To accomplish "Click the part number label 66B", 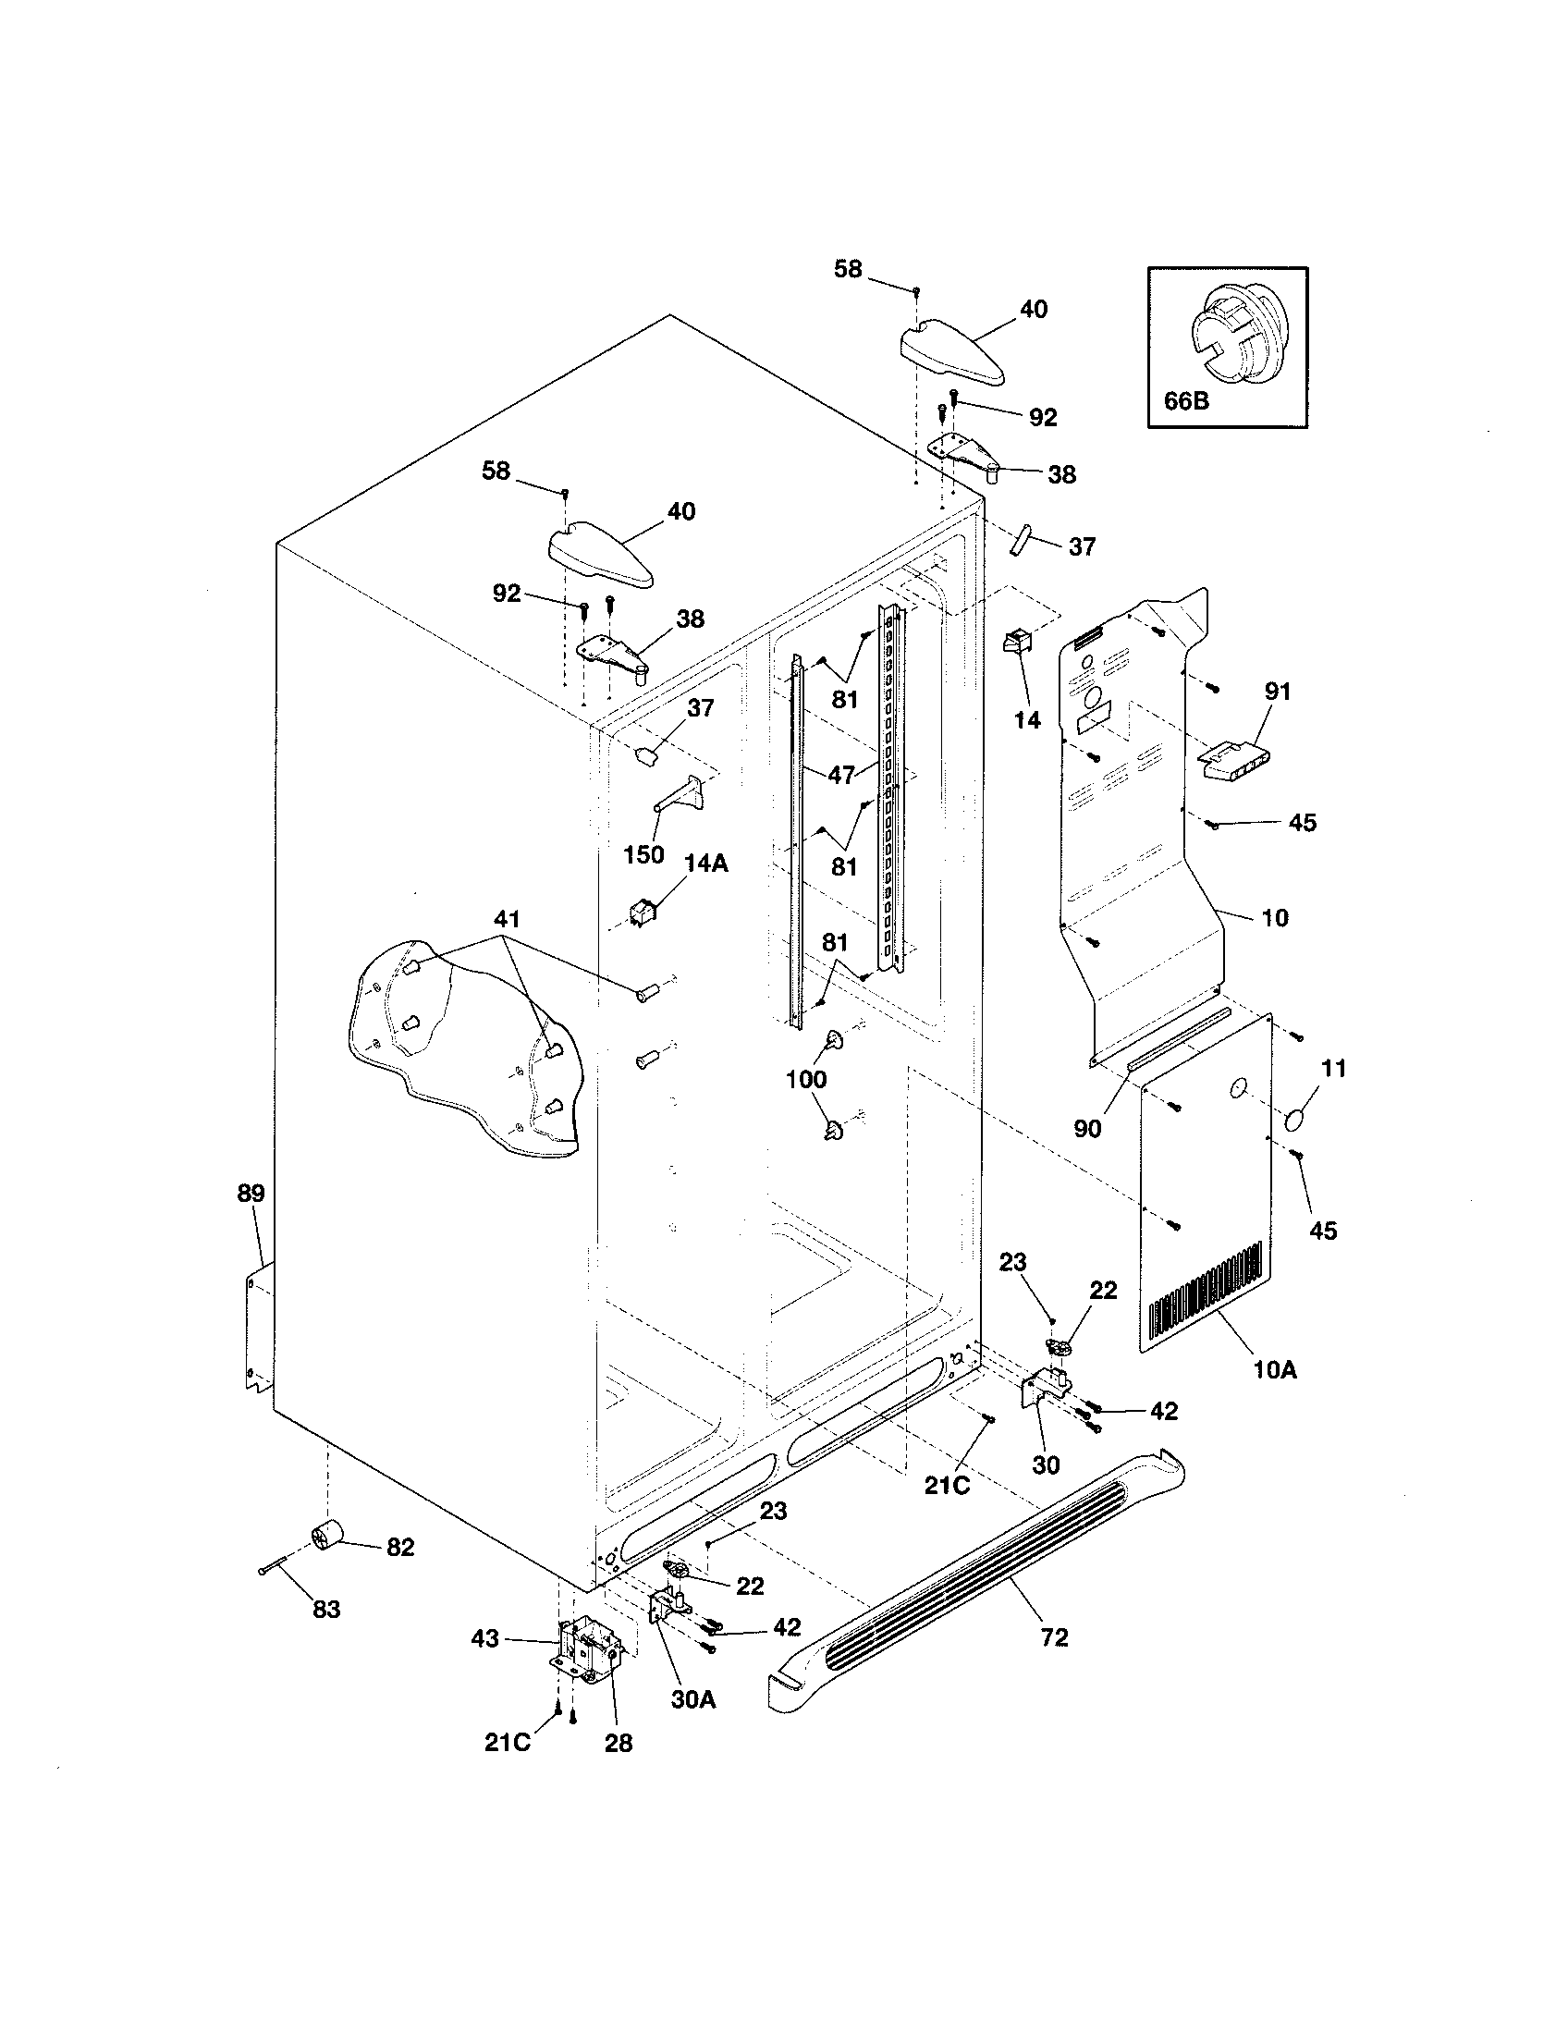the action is coord(1186,401).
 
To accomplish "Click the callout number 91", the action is coord(1278,691).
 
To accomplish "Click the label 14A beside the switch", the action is coord(705,864).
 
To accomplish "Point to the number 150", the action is coord(643,854).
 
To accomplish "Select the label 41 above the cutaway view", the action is coord(507,919).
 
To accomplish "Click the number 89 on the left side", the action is coord(251,1193).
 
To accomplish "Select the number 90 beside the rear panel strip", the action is coord(1087,1129).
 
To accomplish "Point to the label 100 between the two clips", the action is coord(806,1079).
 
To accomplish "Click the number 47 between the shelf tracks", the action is coord(841,775).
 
